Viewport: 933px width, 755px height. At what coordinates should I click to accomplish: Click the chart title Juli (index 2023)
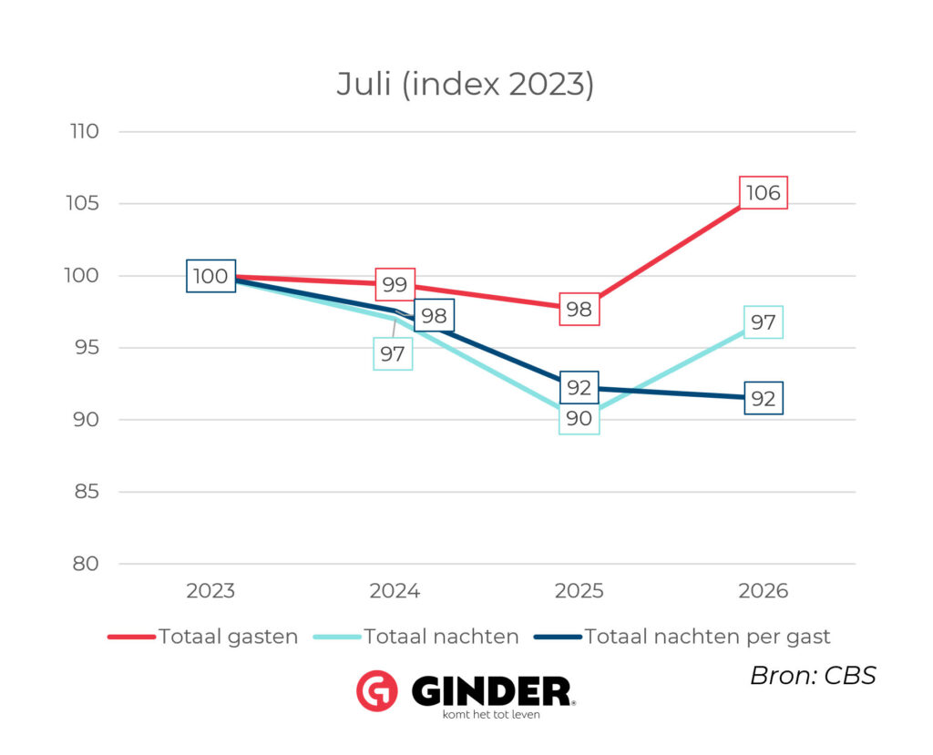(x=466, y=84)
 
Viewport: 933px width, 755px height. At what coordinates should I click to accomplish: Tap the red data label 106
(x=764, y=193)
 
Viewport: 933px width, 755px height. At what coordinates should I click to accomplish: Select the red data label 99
(x=395, y=284)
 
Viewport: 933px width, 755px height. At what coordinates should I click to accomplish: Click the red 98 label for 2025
(x=579, y=310)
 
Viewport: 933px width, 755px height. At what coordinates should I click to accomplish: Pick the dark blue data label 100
(x=210, y=276)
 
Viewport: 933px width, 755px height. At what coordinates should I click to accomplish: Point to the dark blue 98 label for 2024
(x=435, y=315)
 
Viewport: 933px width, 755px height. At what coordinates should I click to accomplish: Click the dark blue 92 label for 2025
(x=579, y=387)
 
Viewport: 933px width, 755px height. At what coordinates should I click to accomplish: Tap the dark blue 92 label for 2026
(x=764, y=398)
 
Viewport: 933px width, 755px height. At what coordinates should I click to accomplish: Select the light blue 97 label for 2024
(x=393, y=354)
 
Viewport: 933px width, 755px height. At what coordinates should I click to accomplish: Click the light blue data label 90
(x=579, y=418)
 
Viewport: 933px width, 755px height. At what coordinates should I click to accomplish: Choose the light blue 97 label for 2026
(x=764, y=321)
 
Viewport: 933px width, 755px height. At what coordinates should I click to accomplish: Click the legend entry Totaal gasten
(x=203, y=637)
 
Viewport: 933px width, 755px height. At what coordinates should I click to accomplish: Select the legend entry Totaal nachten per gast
(x=682, y=638)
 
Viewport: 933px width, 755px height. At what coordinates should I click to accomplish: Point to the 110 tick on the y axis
(x=85, y=131)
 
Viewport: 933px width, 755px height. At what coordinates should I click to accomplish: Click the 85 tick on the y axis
(x=87, y=492)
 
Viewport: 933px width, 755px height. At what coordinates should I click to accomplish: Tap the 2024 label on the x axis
(x=395, y=591)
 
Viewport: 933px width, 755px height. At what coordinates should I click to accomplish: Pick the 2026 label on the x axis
(x=764, y=591)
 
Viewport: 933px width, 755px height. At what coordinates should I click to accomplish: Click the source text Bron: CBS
(x=813, y=676)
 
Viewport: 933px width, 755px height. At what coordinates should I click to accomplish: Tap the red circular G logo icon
(x=377, y=690)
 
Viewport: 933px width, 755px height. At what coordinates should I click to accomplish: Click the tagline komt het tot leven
(x=491, y=715)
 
